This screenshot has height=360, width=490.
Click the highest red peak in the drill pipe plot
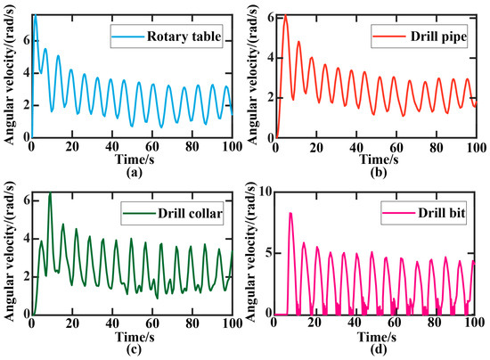(285, 16)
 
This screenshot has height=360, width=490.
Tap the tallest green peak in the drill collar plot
(50, 193)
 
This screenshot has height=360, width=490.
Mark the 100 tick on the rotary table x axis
(230, 148)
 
